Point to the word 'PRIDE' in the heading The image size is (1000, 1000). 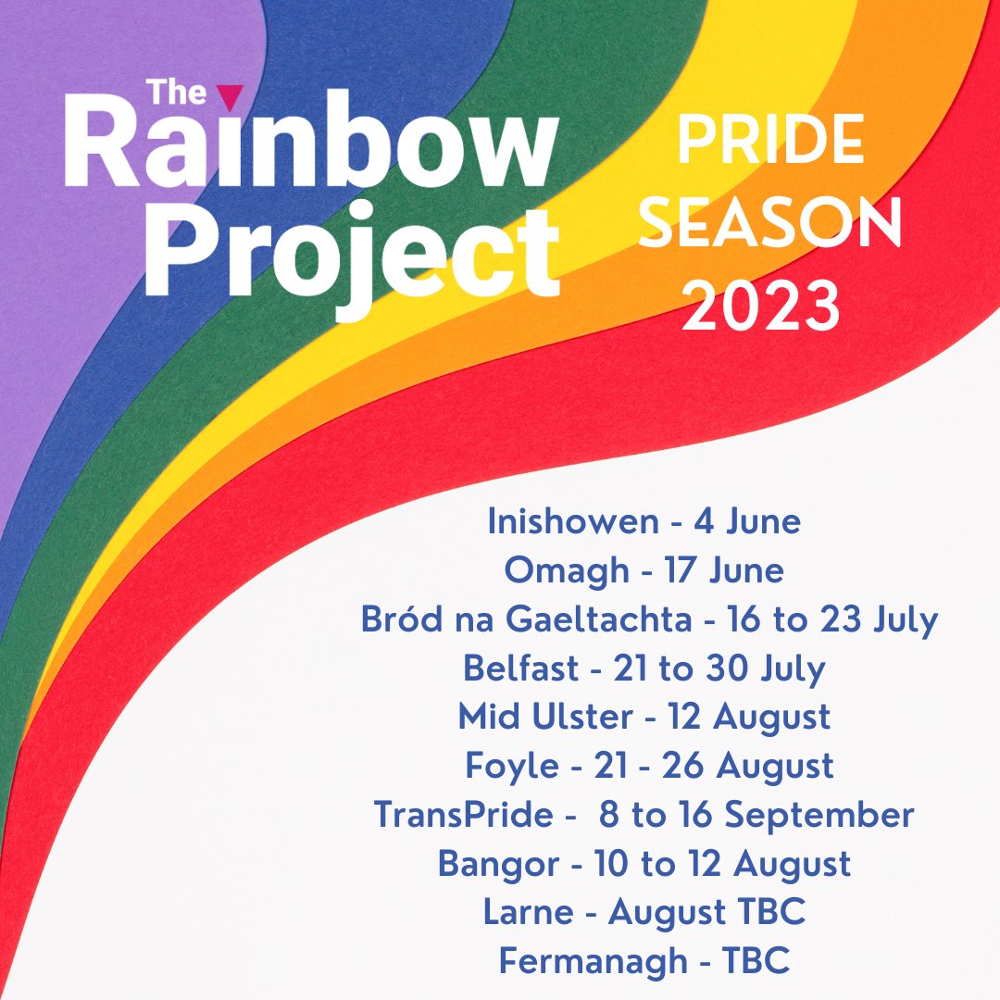click(770, 143)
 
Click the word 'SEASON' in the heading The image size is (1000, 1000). click(770, 225)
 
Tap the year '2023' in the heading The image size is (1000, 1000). click(761, 306)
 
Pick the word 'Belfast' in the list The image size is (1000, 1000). click(520, 669)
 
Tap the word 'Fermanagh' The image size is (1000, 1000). click(592, 961)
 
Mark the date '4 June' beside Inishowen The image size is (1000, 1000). click(747, 522)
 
